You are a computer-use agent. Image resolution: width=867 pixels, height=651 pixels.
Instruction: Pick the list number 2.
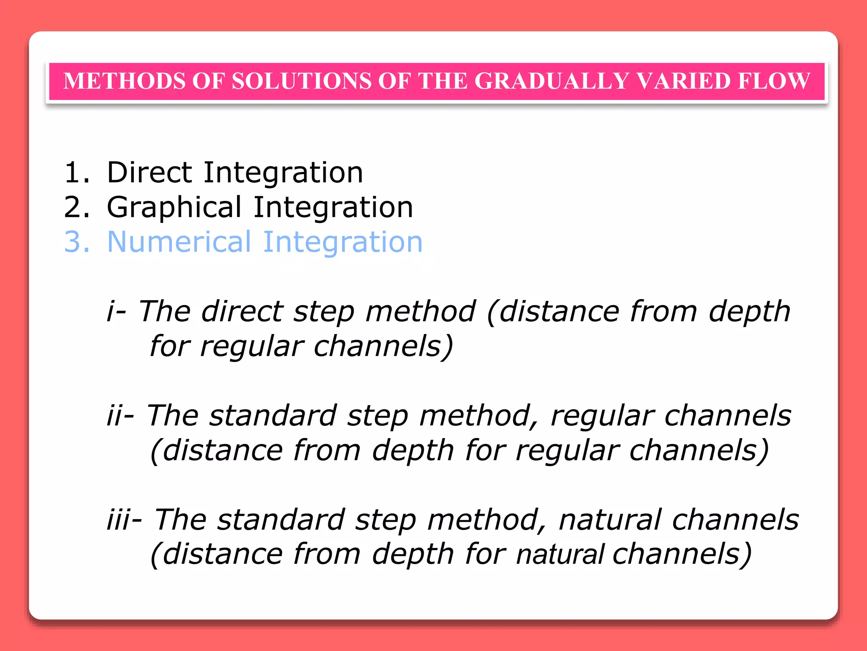pos(77,208)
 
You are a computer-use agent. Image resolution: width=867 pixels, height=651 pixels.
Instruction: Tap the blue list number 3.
pos(77,242)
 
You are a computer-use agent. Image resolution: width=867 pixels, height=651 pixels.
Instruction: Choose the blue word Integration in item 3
pos(342,242)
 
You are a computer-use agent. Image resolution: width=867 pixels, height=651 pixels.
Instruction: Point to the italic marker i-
pos(116,312)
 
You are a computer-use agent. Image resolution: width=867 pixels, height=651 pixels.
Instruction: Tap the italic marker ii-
pos(120,415)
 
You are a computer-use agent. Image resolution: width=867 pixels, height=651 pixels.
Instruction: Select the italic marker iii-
pos(124,520)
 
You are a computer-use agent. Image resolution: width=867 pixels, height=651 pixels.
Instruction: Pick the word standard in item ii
pos(273,415)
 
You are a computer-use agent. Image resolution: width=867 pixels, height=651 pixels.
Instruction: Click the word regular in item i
pos(251,347)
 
